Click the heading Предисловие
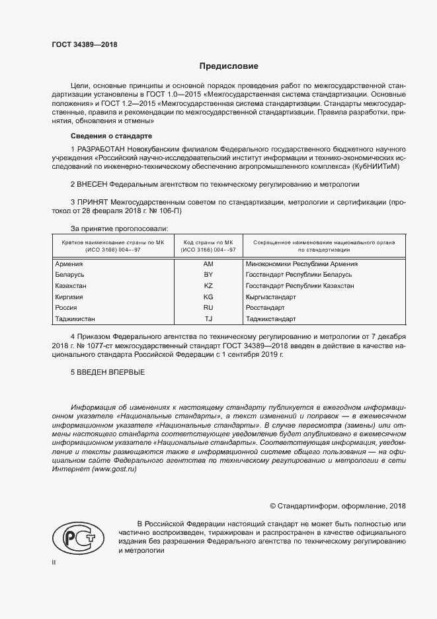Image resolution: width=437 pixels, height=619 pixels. (x=229, y=67)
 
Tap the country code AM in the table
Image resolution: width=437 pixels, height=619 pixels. (x=208, y=263)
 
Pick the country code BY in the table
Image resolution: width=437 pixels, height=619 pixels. (x=208, y=274)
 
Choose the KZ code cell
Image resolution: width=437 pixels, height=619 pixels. (x=208, y=285)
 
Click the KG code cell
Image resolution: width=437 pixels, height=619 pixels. (x=208, y=297)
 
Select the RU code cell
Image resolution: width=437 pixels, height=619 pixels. (x=208, y=308)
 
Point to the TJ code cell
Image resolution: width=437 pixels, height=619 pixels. (x=208, y=319)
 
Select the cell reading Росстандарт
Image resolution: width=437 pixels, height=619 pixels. (x=264, y=308)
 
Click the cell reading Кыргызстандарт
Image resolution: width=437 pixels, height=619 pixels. (x=270, y=297)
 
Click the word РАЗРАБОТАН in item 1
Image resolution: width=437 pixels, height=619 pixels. (x=101, y=150)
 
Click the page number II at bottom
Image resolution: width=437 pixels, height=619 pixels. (x=54, y=562)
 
